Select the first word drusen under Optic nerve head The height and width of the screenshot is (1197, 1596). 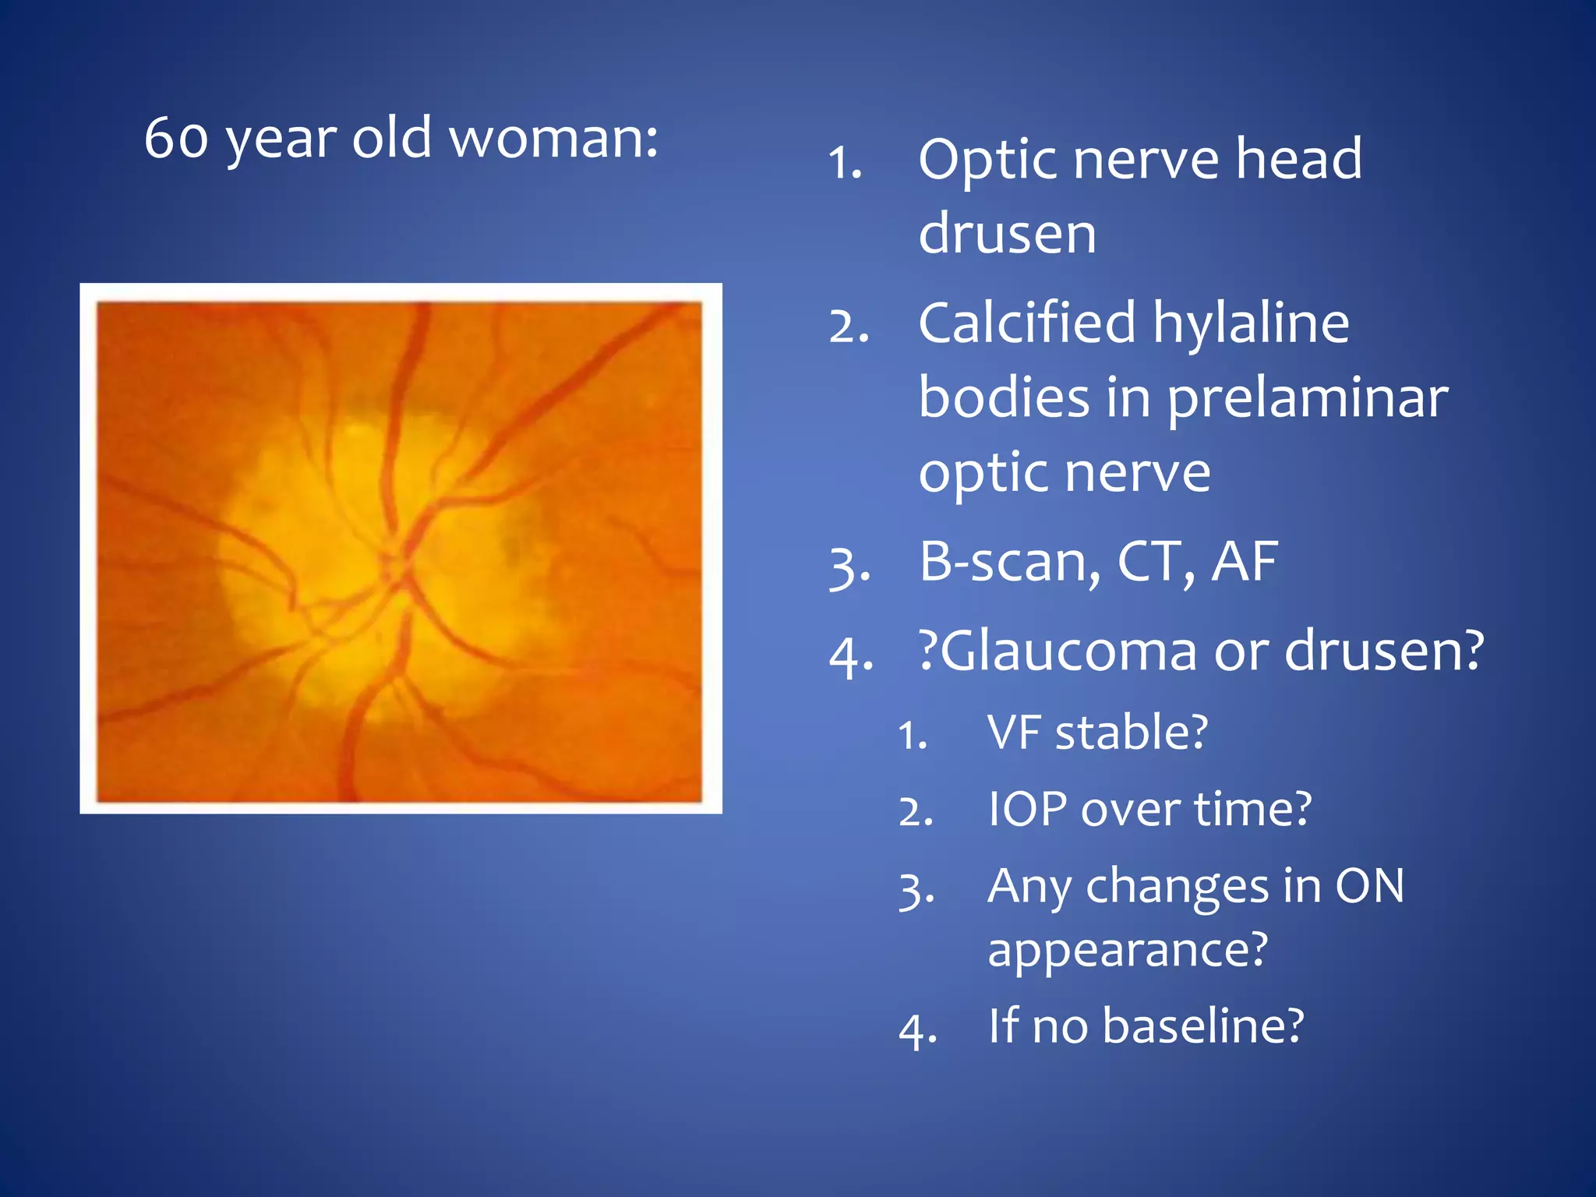(1007, 234)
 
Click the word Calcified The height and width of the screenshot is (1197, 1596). (1026, 323)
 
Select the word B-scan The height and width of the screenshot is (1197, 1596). (1010, 561)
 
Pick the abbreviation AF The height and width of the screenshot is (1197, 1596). (1245, 561)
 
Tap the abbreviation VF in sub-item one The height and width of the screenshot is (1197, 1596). (1012, 733)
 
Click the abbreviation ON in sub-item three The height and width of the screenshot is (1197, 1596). (1369, 887)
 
